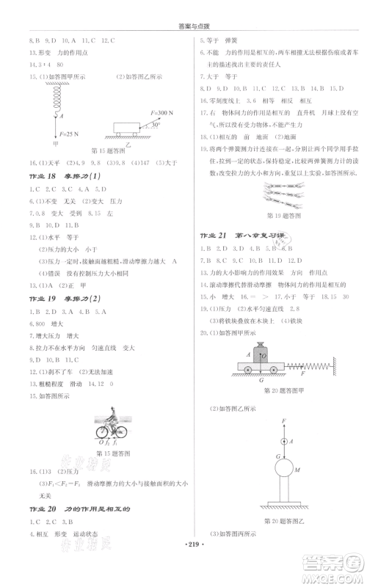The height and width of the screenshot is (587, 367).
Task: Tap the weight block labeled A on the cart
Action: click(x=259, y=354)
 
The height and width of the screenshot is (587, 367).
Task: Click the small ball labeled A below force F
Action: click(x=282, y=441)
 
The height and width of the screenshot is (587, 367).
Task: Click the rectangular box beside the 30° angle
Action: click(x=128, y=128)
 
